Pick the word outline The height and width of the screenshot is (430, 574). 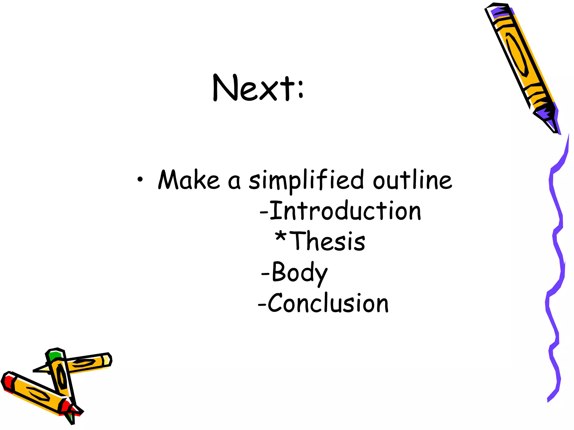point(412,180)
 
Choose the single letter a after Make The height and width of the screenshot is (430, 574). point(234,182)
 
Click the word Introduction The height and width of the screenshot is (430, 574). point(345,211)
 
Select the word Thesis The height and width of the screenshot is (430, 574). point(328,241)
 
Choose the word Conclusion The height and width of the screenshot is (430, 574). point(328,303)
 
